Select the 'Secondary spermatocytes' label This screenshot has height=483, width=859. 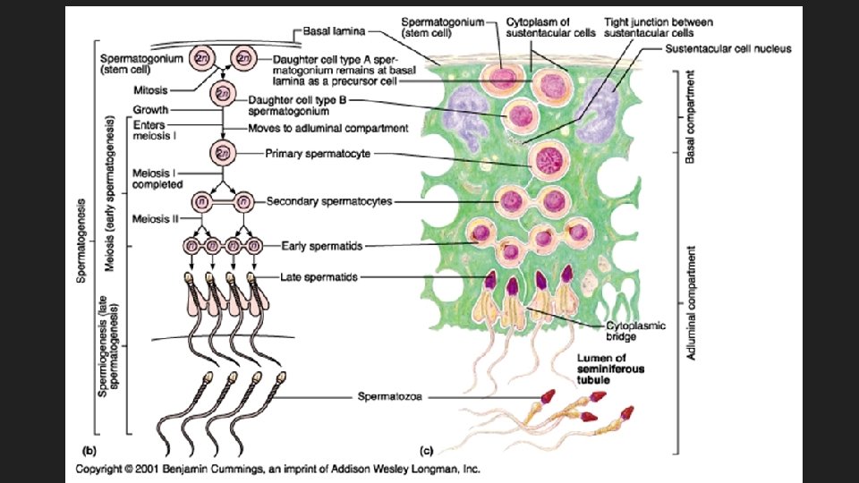(328, 202)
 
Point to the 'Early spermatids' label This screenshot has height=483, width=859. (321, 245)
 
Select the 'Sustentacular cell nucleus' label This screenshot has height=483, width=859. (728, 47)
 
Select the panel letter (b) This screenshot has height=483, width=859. (89, 451)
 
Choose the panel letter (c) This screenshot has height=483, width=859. (428, 451)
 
